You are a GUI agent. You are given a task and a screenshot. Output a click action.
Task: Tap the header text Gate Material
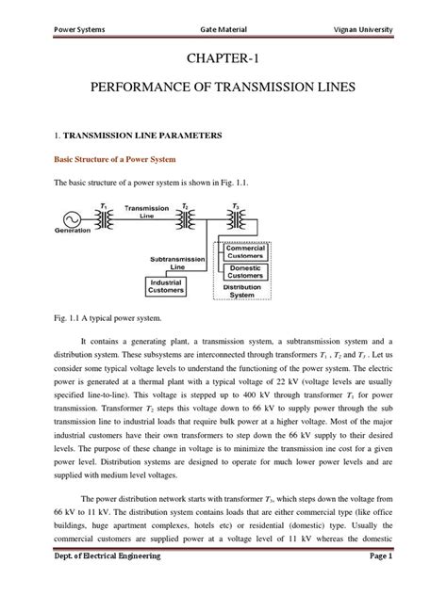pos(223,29)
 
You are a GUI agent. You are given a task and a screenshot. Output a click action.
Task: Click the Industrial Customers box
pos(164,284)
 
